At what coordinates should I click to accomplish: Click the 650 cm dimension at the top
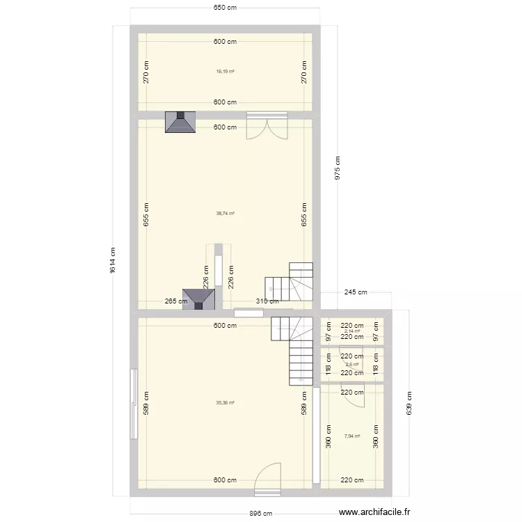[225, 8]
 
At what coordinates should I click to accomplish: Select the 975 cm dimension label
[338, 167]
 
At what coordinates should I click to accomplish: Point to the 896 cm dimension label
[261, 513]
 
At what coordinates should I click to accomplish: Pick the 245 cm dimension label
[355, 293]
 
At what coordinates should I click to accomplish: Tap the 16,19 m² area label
[225, 71]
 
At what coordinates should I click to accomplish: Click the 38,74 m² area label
[225, 214]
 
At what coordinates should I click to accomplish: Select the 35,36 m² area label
[225, 402]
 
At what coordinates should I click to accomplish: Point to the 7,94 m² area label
[352, 436]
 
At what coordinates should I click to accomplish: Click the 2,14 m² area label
[352, 331]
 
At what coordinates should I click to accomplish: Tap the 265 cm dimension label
[176, 301]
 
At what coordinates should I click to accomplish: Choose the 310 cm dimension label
[267, 301]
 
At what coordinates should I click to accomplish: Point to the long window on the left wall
[132, 403]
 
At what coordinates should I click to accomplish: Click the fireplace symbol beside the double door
[180, 122]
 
